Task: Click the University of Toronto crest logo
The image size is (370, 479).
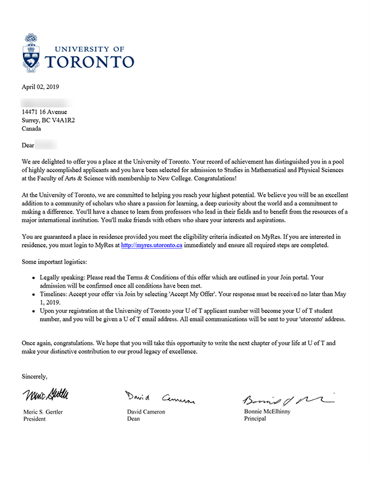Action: (x=33, y=52)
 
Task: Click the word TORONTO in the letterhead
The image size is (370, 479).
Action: (x=90, y=61)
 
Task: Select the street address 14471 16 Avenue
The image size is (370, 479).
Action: (x=49, y=112)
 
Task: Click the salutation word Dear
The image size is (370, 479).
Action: (x=28, y=146)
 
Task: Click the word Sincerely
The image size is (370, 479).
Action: (x=35, y=375)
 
